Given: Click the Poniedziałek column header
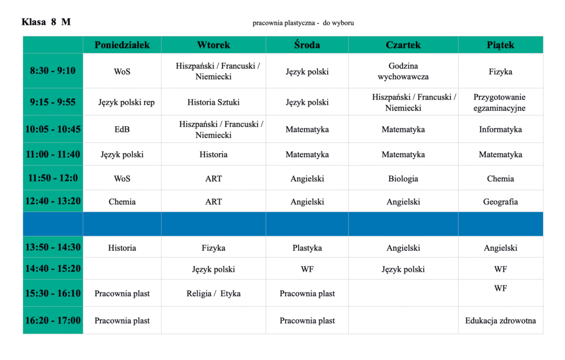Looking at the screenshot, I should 122,45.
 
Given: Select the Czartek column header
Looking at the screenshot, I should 403,45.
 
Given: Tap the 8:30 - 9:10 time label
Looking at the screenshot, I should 53,71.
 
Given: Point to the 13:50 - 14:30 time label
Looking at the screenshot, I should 53,248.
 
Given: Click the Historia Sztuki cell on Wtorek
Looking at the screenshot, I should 214,102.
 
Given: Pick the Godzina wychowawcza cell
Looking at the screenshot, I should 403,71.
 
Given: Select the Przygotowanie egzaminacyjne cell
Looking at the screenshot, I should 500,103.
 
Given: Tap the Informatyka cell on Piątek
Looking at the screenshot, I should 500,130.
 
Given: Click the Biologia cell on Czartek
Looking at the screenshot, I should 403,179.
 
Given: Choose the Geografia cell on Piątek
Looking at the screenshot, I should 500,202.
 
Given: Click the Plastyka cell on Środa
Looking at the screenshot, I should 307,248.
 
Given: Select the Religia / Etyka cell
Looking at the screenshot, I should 214,293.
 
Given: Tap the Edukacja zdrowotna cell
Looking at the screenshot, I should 500,320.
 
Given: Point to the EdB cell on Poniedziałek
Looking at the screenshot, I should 122,130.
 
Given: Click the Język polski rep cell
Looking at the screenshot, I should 126,102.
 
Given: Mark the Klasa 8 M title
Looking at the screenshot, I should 46,22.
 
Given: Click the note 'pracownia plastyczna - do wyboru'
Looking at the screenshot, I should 303,23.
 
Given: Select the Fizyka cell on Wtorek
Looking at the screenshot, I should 214,248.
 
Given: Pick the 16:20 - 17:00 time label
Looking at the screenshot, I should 53,320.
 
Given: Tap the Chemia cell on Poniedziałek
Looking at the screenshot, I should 122,202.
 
